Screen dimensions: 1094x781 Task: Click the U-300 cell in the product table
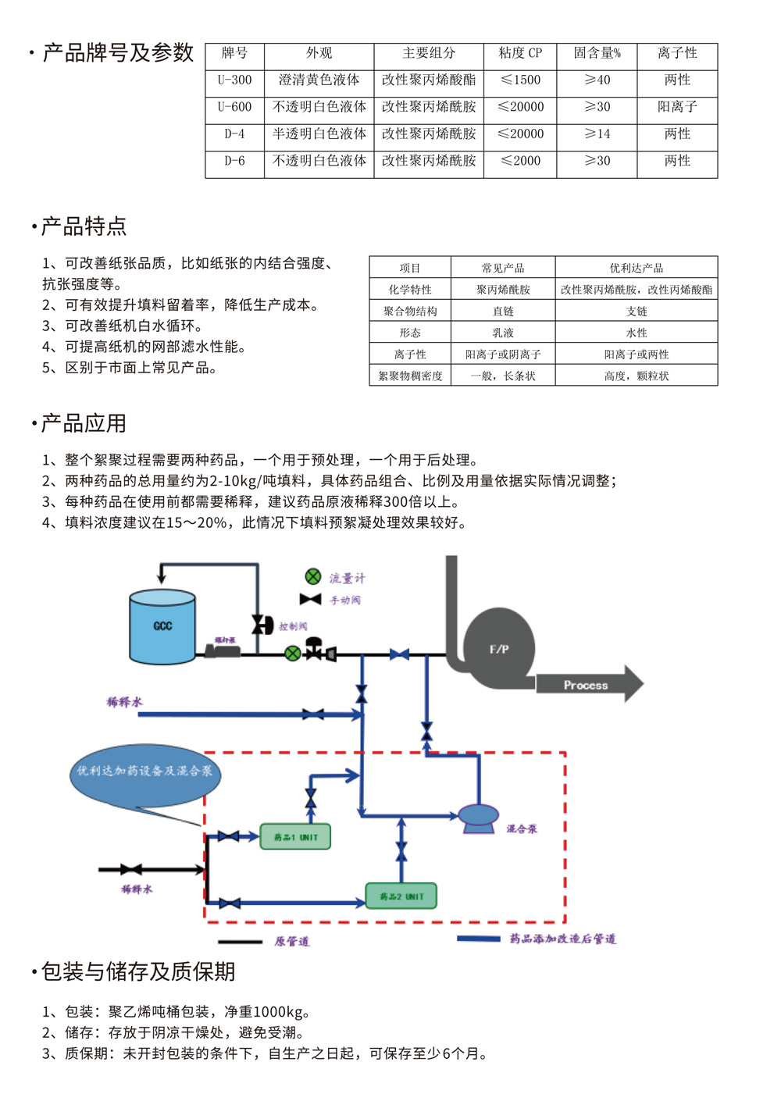(x=234, y=80)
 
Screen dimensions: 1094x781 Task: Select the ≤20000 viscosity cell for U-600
(x=520, y=107)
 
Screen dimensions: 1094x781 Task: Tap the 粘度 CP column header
(x=520, y=53)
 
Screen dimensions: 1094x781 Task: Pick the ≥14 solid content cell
(x=597, y=134)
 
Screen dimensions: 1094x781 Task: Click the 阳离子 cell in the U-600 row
(x=677, y=107)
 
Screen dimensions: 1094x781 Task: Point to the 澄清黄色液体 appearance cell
(x=319, y=80)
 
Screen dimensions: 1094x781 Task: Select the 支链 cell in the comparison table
(x=637, y=312)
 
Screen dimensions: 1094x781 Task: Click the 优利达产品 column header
(x=637, y=268)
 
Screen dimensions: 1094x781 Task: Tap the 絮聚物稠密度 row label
(x=410, y=376)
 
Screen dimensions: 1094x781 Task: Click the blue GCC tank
(x=162, y=627)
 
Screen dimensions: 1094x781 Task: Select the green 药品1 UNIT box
(x=295, y=837)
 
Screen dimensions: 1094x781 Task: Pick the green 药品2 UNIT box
(x=401, y=896)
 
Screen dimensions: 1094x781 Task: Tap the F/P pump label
(x=499, y=649)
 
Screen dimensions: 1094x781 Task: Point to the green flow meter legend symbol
(x=313, y=577)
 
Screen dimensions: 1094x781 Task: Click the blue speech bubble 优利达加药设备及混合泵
(x=144, y=773)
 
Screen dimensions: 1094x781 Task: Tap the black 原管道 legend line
(x=240, y=942)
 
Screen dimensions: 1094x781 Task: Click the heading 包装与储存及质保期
(x=138, y=971)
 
